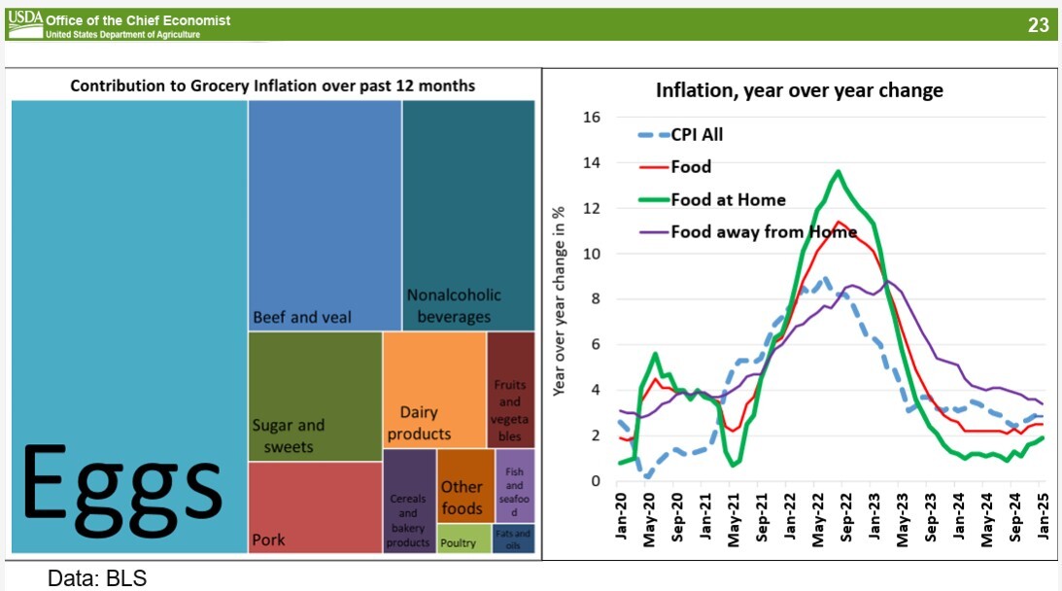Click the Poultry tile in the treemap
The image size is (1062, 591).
pos(463,539)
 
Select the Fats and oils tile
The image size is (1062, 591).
pos(513,539)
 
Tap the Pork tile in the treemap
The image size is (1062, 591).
pos(315,507)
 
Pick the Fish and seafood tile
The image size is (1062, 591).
pos(514,486)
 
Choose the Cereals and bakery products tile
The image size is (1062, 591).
pos(408,502)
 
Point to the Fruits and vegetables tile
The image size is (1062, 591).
pos(510,389)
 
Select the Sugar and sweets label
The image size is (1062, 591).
pos(289,435)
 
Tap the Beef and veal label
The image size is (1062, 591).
pos(302,317)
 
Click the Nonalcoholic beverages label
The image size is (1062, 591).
pos(454,305)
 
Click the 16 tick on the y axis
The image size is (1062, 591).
pos(590,118)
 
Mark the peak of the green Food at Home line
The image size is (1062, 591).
pos(838,172)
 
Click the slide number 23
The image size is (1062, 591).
pos(1038,25)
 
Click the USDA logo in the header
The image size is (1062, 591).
pos(25,20)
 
